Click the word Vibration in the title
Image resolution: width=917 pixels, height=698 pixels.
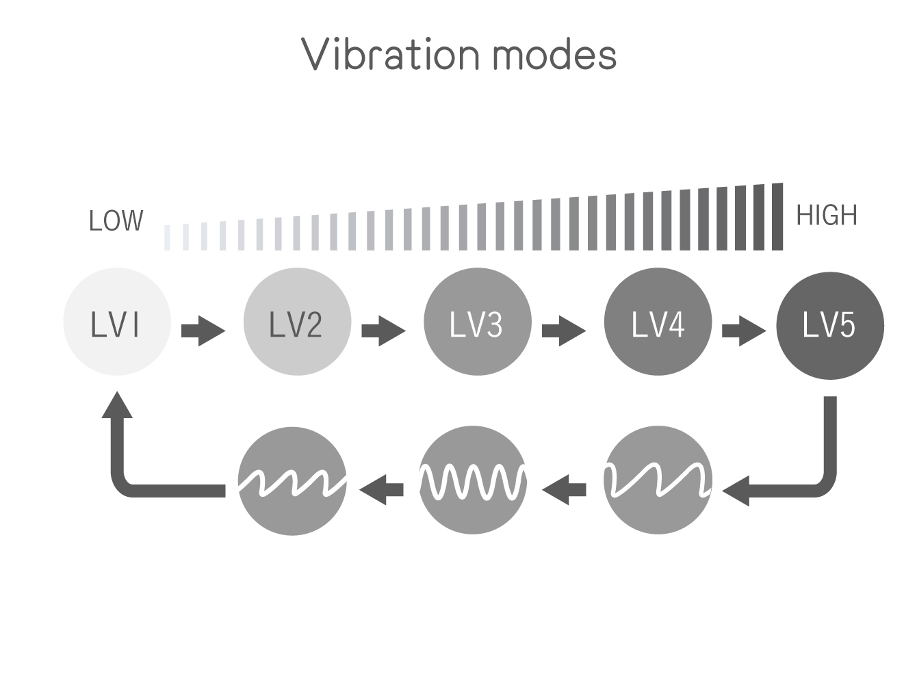tap(390, 54)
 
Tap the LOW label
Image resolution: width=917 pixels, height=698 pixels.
tap(116, 220)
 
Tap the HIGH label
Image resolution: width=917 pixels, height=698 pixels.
tap(827, 216)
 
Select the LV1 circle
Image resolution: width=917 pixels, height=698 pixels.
tap(117, 322)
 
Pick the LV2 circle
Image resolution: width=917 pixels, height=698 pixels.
tap(298, 322)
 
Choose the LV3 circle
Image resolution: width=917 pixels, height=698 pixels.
tap(478, 322)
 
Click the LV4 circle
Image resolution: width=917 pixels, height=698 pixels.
tap(658, 322)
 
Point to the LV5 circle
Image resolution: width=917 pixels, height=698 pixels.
tap(830, 326)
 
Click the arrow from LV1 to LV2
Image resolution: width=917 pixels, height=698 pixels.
tap(203, 331)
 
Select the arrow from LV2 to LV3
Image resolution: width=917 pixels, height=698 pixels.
tap(383, 331)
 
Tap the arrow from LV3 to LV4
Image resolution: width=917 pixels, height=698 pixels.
tap(564, 331)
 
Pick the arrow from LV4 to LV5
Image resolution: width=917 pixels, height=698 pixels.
tap(744, 331)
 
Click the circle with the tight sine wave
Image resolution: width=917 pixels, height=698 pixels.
tap(473, 480)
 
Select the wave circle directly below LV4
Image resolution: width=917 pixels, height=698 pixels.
tap(658, 480)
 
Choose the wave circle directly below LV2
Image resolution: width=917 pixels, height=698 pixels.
tap(292, 481)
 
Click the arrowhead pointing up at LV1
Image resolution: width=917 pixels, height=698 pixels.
tap(117, 404)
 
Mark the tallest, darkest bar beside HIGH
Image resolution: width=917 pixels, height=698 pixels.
tap(777, 216)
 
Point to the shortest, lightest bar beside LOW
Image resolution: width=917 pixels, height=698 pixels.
tap(167, 237)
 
